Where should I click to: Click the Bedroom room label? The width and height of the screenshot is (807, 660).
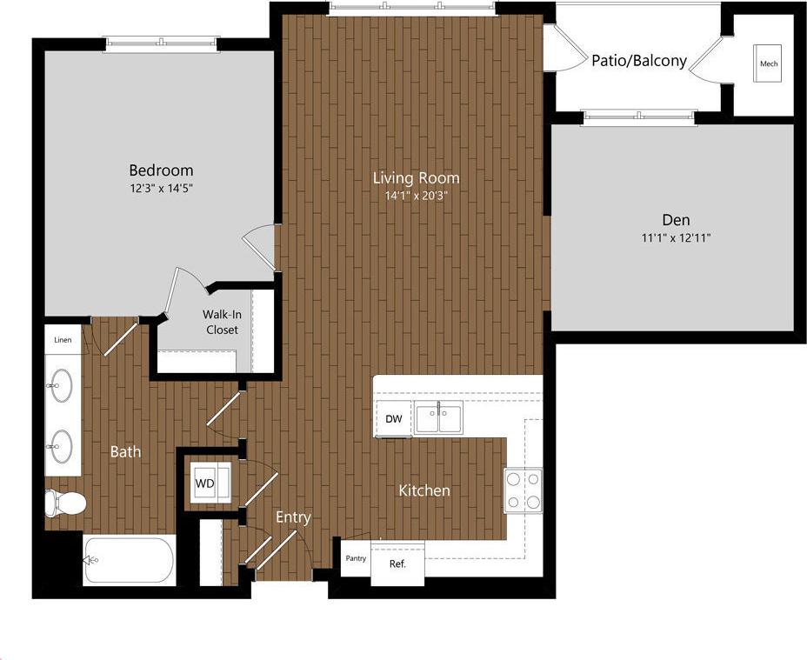pyautogui.click(x=161, y=170)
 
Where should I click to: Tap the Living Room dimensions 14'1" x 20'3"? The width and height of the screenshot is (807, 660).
pyautogui.click(x=416, y=196)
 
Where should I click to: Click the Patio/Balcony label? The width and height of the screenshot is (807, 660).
pyautogui.click(x=639, y=61)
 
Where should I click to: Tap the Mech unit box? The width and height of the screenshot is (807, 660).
pyautogui.click(x=768, y=63)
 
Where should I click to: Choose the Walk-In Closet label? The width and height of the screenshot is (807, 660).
pyautogui.click(x=222, y=322)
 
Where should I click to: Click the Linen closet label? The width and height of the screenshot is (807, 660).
pyautogui.click(x=63, y=340)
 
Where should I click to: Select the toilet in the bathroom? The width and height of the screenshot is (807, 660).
pyautogui.click(x=65, y=503)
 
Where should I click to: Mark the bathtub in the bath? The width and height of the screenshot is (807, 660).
pyautogui.click(x=129, y=560)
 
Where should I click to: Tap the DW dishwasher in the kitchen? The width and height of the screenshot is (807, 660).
pyautogui.click(x=394, y=419)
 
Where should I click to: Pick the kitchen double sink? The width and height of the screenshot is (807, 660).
pyautogui.click(x=439, y=418)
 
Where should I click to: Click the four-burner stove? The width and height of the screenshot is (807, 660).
pyautogui.click(x=523, y=490)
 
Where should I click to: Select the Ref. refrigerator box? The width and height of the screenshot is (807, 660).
pyautogui.click(x=397, y=563)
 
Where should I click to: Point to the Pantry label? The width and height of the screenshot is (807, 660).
pyautogui.click(x=356, y=558)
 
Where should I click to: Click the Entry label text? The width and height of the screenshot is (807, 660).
pyautogui.click(x=293, y=517)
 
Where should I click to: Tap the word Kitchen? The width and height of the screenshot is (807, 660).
pyautogui.click(x=424, y=490)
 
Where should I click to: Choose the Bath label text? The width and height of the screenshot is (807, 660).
pyautogui.click(x=125, y=451)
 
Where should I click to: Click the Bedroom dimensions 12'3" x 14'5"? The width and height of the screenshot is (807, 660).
pyautogui.click(x=161, y=187)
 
